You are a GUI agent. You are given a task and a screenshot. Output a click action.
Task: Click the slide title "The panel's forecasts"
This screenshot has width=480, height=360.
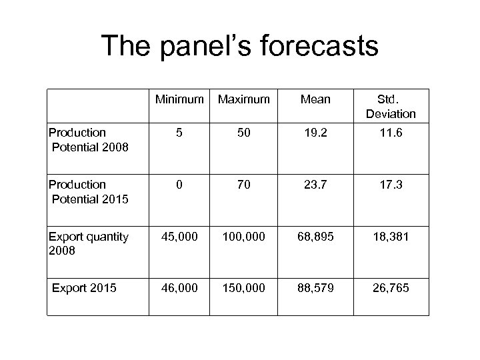[x=239, y=46]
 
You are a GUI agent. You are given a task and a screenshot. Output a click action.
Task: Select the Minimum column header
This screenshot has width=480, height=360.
[x=179, y=99]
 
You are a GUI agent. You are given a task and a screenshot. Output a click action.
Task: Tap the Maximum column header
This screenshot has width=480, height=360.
[x=243, y=99]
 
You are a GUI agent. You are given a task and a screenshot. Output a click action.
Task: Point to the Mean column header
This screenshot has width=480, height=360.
[x=315, y=99]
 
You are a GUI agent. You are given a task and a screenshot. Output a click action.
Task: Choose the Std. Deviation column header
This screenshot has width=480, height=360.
[x=390, y=106]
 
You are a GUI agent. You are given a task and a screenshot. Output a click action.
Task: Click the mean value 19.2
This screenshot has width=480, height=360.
[x=315, y=133]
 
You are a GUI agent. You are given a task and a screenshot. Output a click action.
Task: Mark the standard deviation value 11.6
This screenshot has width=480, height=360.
[x=390, y=133]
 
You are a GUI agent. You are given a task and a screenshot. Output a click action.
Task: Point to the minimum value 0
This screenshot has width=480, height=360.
[x=179, y=185]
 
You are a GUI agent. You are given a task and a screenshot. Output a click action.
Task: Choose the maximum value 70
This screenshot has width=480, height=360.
[x=243, y=185]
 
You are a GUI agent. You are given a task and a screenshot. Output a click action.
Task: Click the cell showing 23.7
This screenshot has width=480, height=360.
[x=315, y=185]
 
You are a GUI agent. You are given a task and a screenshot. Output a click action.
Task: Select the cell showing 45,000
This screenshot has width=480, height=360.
[x=179, y=237]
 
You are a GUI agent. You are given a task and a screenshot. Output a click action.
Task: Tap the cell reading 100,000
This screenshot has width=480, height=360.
[x=243, y=237]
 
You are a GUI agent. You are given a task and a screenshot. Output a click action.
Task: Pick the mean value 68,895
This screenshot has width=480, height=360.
[x=315, y=237]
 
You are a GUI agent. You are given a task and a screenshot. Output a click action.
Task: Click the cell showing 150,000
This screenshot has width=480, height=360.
[x=243, y=288]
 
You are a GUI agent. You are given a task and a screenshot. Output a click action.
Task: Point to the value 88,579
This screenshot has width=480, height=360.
[x=315, y=288]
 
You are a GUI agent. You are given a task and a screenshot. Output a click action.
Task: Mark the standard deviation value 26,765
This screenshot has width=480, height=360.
[x=390, y=288]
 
